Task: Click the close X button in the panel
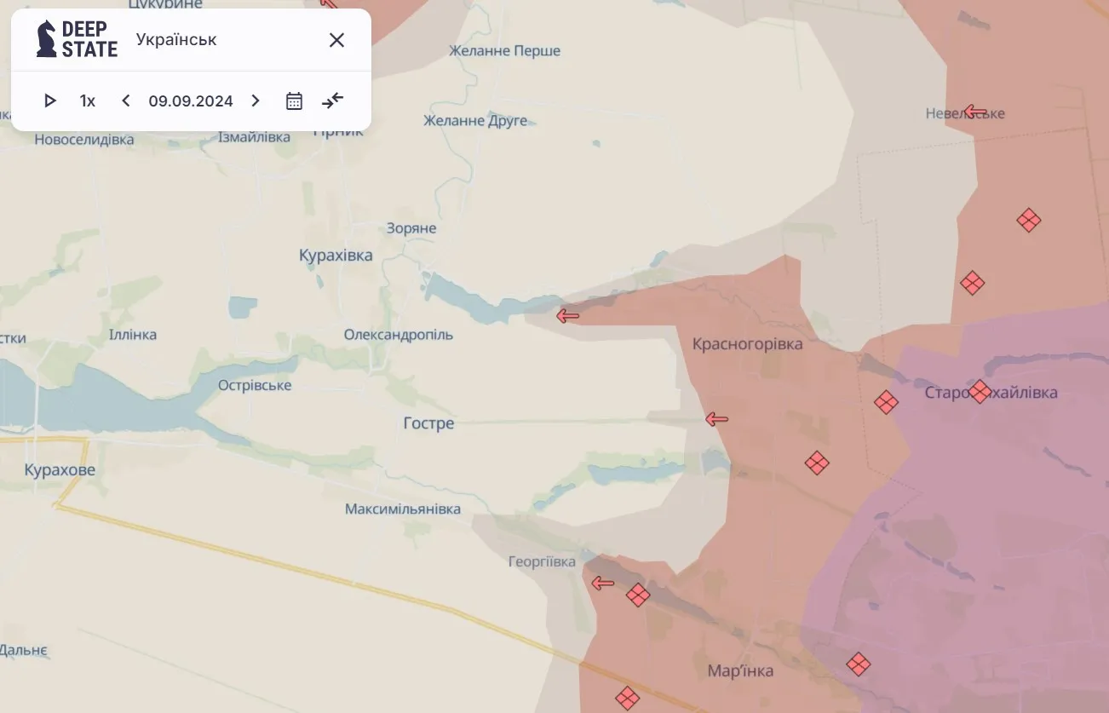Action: (336, 40)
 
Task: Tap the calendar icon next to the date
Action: (294, 101)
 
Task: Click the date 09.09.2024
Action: (191, 101)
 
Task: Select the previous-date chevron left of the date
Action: (126, 101)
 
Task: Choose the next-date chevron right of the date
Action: (255, 101)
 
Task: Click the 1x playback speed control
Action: (88, 101)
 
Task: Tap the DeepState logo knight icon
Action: (47, 39)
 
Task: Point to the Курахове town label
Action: (60, 470)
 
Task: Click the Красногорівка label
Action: (748, 344)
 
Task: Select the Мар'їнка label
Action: (740, 670)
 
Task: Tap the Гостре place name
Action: (428, 423)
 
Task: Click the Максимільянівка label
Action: (403, 509)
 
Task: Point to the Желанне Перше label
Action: (505, 51)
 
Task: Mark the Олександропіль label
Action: (399, 335)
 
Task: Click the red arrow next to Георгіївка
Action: (603, 584)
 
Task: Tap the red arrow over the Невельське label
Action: (975, 112)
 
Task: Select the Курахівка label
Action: (336, 256)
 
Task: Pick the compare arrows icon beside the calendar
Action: (332, 101)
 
